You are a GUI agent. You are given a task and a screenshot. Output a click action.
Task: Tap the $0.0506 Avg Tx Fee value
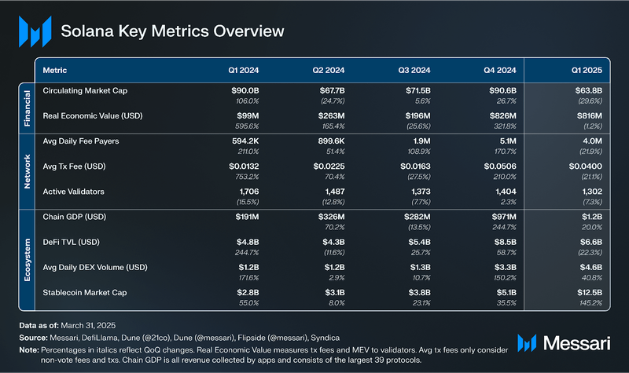point(498,167)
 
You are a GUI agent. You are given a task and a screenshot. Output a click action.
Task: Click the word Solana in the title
point(87,31)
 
